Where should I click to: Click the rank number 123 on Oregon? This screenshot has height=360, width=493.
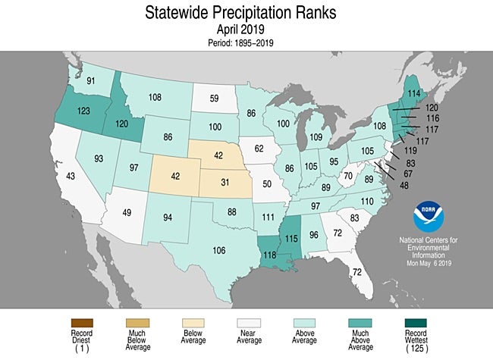83,111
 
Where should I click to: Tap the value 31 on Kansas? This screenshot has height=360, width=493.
225,182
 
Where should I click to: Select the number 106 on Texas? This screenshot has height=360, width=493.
219,250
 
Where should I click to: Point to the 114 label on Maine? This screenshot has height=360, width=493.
414,93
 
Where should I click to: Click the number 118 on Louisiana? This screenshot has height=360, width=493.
269,255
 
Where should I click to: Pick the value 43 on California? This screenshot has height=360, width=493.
70,176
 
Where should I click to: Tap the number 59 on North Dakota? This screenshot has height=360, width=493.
214,99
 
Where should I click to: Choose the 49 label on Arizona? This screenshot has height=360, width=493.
127,213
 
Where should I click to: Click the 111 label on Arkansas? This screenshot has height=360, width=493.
268,217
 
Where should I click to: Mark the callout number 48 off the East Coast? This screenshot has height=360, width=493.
404,186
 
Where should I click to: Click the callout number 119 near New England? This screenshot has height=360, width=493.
410,151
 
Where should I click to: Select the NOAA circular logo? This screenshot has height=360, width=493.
429,217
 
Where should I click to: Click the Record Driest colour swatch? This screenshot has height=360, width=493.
82,323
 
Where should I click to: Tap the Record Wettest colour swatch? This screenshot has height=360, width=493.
416,323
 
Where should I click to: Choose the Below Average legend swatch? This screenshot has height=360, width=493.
193,323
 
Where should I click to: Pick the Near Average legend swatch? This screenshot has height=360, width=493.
249,323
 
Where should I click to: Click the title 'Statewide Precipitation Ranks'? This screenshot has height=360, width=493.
240,13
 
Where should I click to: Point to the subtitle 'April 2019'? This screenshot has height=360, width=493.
240,30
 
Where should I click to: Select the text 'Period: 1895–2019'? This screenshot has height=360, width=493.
240,42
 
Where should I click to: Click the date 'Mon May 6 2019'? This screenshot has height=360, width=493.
429,263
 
